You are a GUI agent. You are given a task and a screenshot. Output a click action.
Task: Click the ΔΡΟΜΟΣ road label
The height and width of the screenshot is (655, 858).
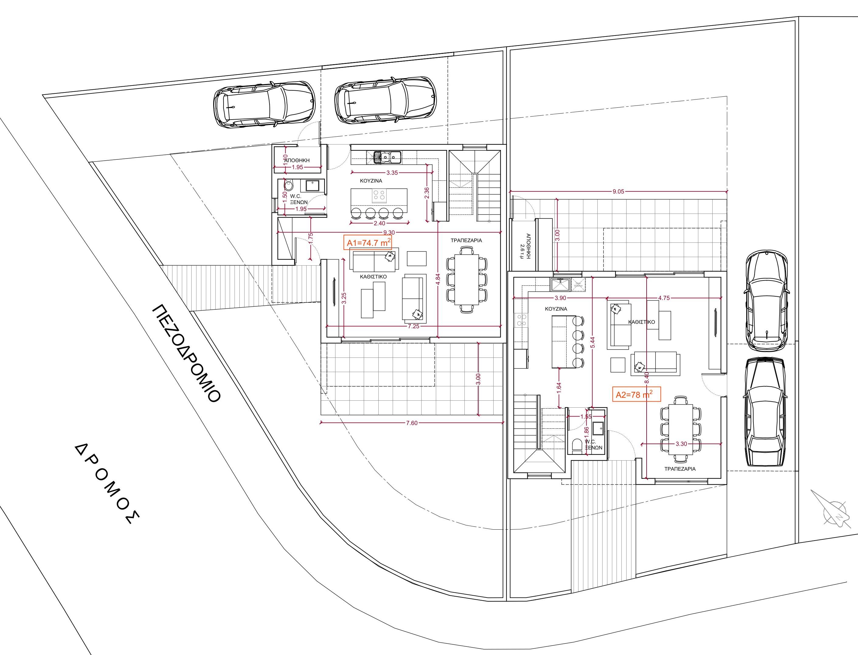(106, 483)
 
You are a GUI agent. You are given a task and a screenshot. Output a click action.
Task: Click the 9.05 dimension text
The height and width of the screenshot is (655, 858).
(618, 191)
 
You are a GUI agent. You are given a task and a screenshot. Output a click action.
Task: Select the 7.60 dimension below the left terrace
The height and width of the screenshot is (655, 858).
(411, 423)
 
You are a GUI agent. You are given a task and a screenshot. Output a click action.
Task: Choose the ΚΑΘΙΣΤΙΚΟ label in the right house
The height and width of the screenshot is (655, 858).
(641, 322)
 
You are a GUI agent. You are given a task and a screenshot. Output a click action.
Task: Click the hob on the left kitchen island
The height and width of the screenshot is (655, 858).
(379, 194)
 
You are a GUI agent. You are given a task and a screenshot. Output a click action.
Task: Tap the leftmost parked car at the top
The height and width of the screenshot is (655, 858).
(264, 104)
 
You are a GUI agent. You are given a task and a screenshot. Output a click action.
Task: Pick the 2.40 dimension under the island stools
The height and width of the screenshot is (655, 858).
(379, 223)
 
